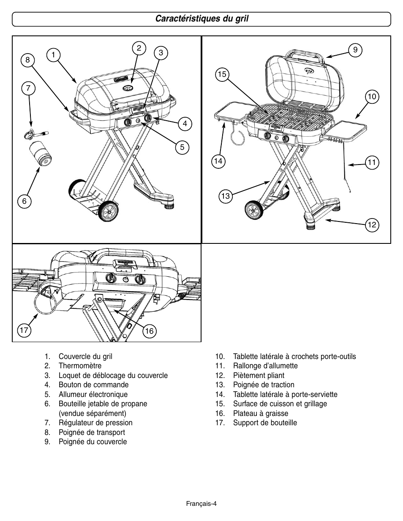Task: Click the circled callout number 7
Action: click(x=28, y=88)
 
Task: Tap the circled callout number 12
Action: click(x=372, y=225)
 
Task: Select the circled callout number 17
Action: click(x=24, y=330)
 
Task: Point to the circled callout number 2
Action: click(x=139, y=48)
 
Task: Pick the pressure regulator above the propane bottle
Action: click(x=36, y=133)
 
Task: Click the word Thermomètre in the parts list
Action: click(x=80, y=366)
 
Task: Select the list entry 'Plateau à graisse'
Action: click(x=261, y=413)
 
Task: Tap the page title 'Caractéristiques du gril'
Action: click(x=201, y=19)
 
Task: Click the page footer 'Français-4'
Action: click(x=201, y=504)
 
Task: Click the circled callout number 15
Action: click(x=222, y=74)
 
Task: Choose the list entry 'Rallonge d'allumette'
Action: click(x=265, y=366)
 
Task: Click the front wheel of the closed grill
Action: click(x=108, y=211)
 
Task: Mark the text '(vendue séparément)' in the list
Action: click(x=93, y=413)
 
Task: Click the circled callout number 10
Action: click(x=372, y=97)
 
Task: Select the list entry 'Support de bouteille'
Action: click(x=265, y=423)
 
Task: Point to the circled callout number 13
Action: click(x=226, y=196)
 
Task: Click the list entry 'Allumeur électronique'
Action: click(x=93, y=394)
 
